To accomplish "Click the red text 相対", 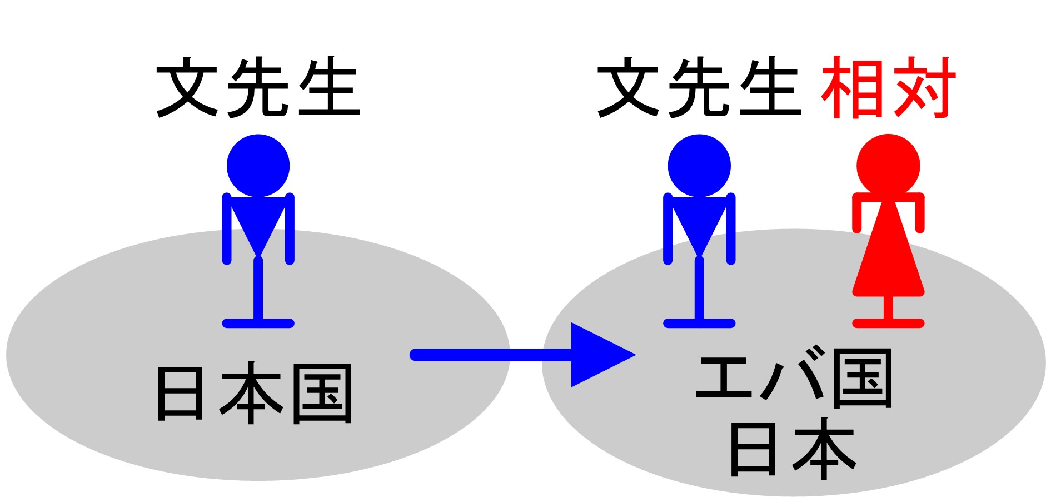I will [888, 88].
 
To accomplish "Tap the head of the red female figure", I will [888, 165].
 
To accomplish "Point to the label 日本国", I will [255, 394].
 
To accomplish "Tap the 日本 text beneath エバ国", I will [792, 449].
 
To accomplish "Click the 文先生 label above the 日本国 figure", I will [258, 88].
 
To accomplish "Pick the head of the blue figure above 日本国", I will [258, 165].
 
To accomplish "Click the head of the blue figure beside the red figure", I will [699, 165].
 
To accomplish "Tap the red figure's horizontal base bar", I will [888, 323].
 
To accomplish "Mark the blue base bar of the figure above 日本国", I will [258, 323].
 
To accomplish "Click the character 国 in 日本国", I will [322, 394].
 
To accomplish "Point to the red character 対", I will [923, 88].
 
